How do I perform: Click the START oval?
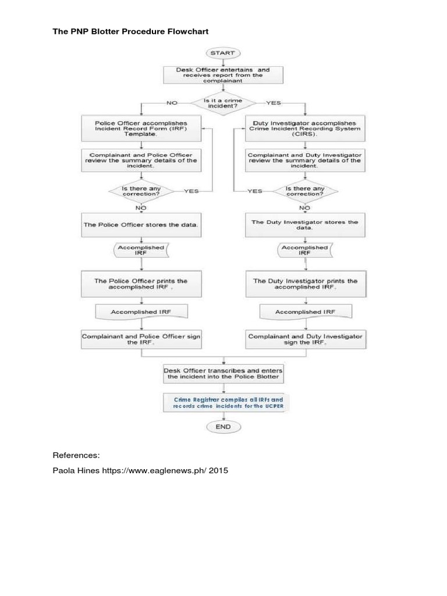tap(223, 53)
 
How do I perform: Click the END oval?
tap(223, 427)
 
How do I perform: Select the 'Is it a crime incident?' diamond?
tap(223, 103)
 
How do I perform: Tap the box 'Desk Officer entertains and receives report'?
tap(223, 75)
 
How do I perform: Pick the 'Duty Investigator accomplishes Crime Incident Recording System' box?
tap(304, 129)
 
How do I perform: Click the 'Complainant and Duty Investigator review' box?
tap(304, 161)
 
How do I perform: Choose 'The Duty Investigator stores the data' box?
tap(304, 225)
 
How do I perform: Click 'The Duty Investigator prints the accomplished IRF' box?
tap(304, 283)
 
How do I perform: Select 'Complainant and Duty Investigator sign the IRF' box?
tap(304, 339)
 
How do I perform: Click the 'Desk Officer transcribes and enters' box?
tap(223, 373)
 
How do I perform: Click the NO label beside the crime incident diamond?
tap(172, 103)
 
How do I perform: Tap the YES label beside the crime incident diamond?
tap(273, 103)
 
